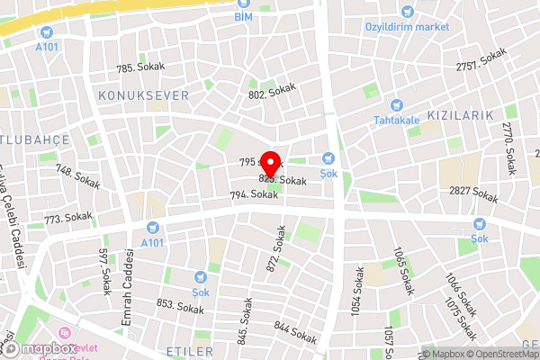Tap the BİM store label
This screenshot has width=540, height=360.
[x=243, y=17]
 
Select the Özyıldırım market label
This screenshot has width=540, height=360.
[x=406, y=26]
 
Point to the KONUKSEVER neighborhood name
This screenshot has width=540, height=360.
[x=144, y=94]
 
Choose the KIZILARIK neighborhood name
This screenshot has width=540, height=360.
[x=461, y=115]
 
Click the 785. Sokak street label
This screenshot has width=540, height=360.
[x=138, y=67]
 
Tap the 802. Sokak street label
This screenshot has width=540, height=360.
[x=273, y=94]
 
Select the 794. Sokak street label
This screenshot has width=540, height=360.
[x=253, y=194]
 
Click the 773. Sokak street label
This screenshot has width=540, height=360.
[x=68, y=218]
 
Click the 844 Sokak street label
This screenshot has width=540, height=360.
[x=296, y=332]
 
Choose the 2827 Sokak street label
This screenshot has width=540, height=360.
[x=473, y=193]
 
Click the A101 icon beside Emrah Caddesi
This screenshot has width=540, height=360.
[x=152, y=227]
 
